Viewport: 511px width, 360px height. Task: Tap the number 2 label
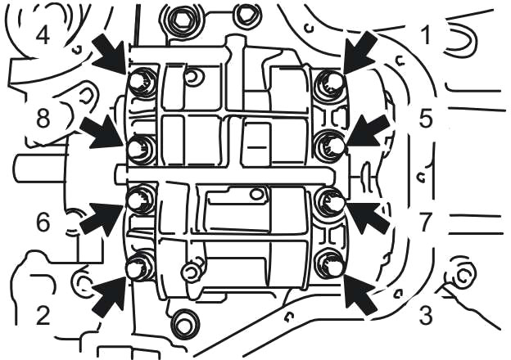[43, 315]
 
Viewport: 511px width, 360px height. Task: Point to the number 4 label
[42, 34]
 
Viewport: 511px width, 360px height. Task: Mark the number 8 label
[42, 119]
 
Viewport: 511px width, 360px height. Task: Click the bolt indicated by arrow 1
[328, 81]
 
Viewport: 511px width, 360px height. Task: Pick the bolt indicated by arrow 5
[330, 144]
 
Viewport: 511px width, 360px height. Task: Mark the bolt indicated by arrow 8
[140, 148]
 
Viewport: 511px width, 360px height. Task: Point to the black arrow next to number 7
[365, 215]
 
